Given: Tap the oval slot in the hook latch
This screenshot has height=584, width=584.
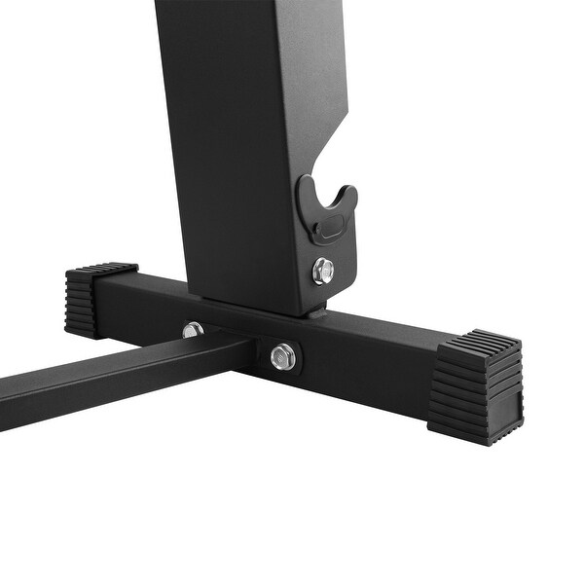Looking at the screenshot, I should coord(329,228).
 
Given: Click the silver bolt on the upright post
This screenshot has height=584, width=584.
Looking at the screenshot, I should coord(323,271).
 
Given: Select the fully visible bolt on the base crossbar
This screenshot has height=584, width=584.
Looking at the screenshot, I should coord(283,356).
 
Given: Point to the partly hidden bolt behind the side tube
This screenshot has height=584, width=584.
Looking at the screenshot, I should coord(193,330).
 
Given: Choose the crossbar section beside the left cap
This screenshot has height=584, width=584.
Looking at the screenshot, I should coord(146,302).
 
